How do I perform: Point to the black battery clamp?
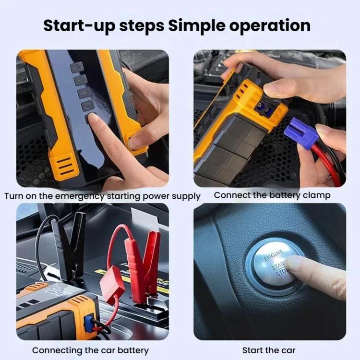coord(71,240)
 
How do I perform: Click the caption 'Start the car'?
coord(269,350)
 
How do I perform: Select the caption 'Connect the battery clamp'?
coord(272,195)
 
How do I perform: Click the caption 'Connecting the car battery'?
coord(90,350)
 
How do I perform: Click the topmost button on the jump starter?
coord(76,67)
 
